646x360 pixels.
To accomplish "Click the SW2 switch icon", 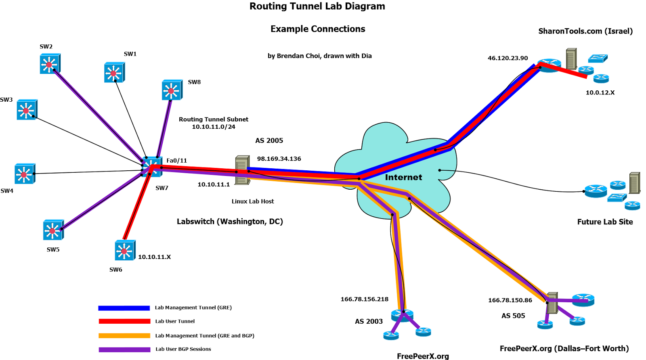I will click(x=50, y=64).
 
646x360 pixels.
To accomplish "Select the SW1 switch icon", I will click(x=114, y=73).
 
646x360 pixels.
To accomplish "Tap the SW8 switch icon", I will click(x=172, y=90).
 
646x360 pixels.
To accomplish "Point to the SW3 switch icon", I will click(x=27, y=110).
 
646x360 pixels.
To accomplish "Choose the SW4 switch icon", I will click(x=25, y=174).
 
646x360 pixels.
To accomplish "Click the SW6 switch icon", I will click(x=125, y=251).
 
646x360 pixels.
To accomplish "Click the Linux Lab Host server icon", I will click(x=242, y=170).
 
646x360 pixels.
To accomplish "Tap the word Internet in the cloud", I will click(x=403, y=177).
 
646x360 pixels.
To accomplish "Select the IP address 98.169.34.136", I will click(x=279, y=159).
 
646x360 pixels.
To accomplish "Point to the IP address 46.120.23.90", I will click(x=508, y=58).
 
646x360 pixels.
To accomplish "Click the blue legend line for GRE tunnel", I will click(x=124, y=308).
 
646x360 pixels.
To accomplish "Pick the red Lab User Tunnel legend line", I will click(x=124, y=321).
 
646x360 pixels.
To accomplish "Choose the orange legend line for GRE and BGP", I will click(x=124, y=335).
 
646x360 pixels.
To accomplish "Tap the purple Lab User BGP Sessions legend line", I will click(x=124, y=350).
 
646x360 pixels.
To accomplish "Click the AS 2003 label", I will click(x=369, y=321).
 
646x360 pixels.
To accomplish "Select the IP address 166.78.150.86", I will click(x=510, y=300).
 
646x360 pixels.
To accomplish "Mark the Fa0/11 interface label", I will click(x=177, y=161).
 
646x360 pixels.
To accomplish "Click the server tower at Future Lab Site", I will click(x=634, y=183).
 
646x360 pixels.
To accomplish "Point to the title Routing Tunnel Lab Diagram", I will click(x=317, y=6).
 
